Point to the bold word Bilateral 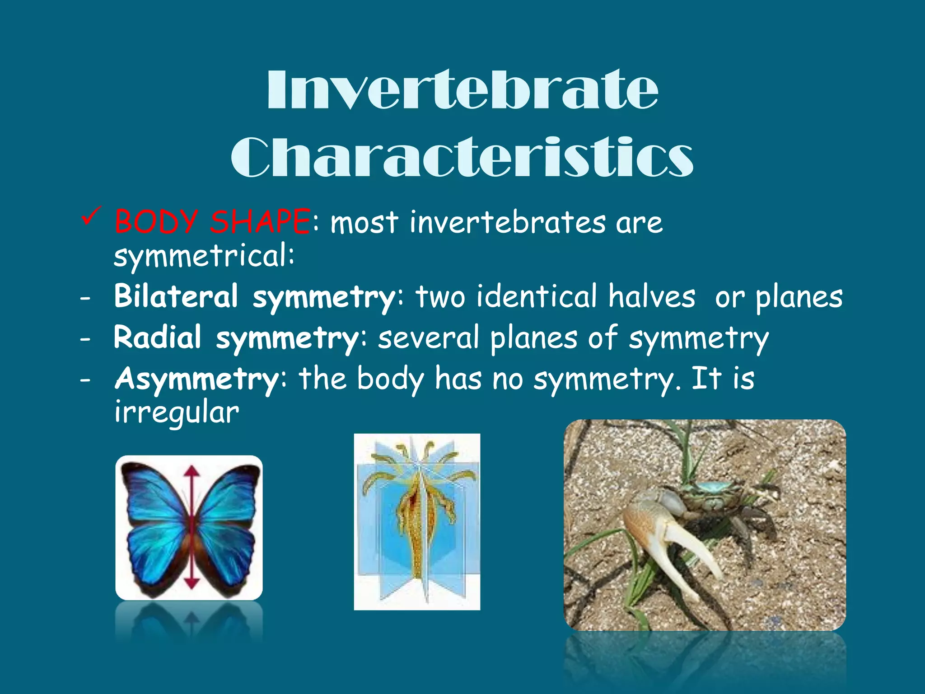click(176, 296)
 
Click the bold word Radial click(158, 338)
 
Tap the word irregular click(177, 412)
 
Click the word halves click(651, 296)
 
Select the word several click(428, 338)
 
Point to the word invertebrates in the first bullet click(508, 222)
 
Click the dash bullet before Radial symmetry click(85, 338)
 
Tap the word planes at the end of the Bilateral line click(799, 297)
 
